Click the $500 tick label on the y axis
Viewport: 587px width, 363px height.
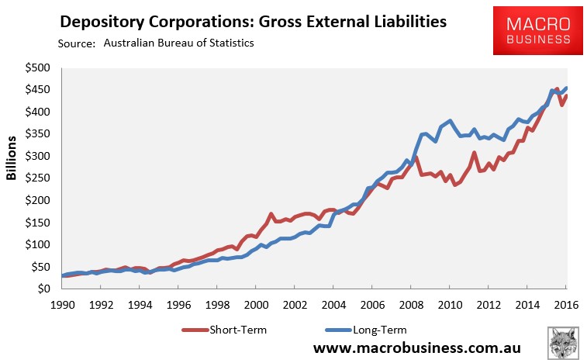(37, 68)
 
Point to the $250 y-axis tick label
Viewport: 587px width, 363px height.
(37, 178)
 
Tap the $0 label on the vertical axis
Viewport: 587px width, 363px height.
(43, 289)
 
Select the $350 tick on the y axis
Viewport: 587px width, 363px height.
(37, 134)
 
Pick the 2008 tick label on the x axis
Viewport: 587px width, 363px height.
(411, 305)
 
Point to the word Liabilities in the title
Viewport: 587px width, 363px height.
(400, 22)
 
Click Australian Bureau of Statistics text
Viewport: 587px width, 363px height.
(178, 43)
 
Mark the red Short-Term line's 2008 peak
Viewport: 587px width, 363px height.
(416, 157)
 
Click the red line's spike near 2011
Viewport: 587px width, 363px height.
(474, 153)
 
